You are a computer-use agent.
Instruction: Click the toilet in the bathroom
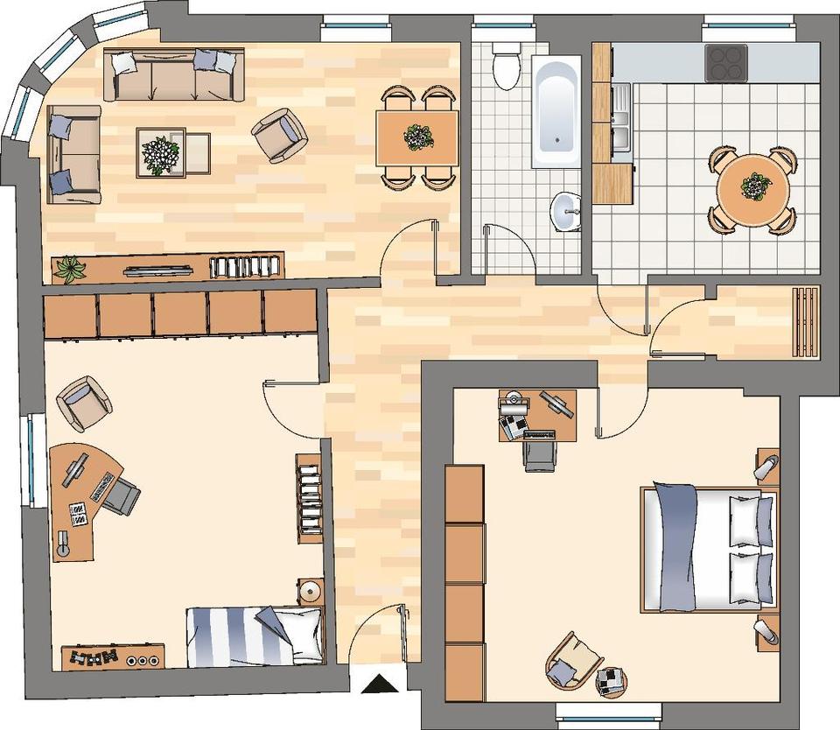pos(506,68)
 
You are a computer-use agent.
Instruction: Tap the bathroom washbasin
pos(567,210)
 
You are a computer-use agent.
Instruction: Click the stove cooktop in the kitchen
pos(726,63)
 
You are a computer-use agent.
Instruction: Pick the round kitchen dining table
pos(753,189)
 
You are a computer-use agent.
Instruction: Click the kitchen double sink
pos(621,118)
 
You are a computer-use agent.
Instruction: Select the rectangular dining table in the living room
pos(417,137)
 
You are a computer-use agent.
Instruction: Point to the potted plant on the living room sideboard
pos(69,269)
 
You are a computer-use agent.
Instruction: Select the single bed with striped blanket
pos(255,636)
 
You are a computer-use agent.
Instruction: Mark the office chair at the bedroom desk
pos(539,453)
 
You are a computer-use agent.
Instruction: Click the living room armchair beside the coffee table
pos(279,135)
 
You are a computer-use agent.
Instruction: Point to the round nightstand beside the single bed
pos(310,592)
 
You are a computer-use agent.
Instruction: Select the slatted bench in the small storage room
pos(806,322)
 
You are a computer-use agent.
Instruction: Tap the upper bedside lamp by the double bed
pos(767,466)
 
